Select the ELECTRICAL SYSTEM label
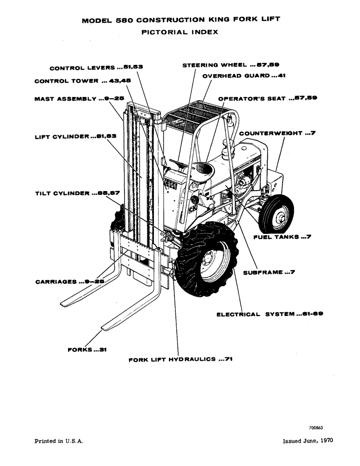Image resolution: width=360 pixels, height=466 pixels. (x=270, y=314)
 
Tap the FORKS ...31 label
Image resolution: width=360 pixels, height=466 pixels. (x=87, y=349)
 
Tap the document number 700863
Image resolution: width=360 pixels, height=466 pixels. (x=316, y=428)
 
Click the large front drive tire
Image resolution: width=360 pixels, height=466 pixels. (x=208, y=263)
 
